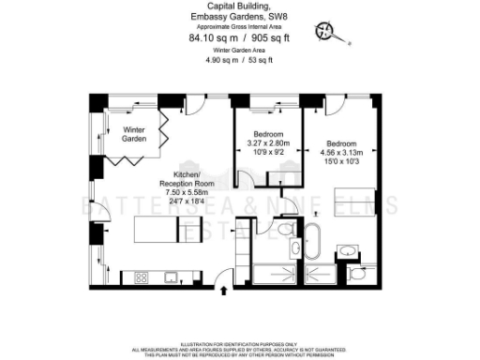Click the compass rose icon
click(x=329, y=31)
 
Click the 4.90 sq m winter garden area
click(x=222, y=60)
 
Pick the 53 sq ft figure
click(x=260, y=60)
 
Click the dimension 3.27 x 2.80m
click(x=268, y=142)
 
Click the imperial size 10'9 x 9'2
click(x=268, y=151)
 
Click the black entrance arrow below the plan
click(x=222, y=292)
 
